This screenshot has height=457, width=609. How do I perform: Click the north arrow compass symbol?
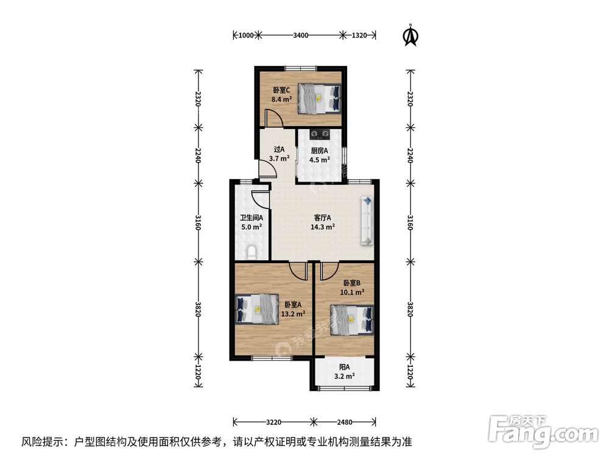(x=410, y=35)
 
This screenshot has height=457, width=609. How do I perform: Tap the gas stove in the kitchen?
(x=320, y=134)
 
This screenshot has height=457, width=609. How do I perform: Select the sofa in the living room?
(x=367, y=221)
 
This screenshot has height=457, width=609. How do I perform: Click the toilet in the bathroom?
(x=252, y=252)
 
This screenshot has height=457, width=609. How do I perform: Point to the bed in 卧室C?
(x=319, y=99)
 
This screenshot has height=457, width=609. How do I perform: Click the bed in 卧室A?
(x=257, y=309)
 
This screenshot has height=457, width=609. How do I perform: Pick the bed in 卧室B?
(x=351, y=320)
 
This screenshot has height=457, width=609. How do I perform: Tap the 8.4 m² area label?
(x=281, y=99)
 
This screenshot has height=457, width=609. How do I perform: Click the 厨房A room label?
(x=319, y=151)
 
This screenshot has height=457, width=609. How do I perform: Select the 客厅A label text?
(x=322, y=218)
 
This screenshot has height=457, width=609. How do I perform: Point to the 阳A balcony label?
(x=345, y=367)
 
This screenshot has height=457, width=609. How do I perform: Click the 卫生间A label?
(x=252, y=218)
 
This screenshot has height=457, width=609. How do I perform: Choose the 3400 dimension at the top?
(x=301, y=35)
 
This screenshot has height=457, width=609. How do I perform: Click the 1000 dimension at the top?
(x=246, y=35)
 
